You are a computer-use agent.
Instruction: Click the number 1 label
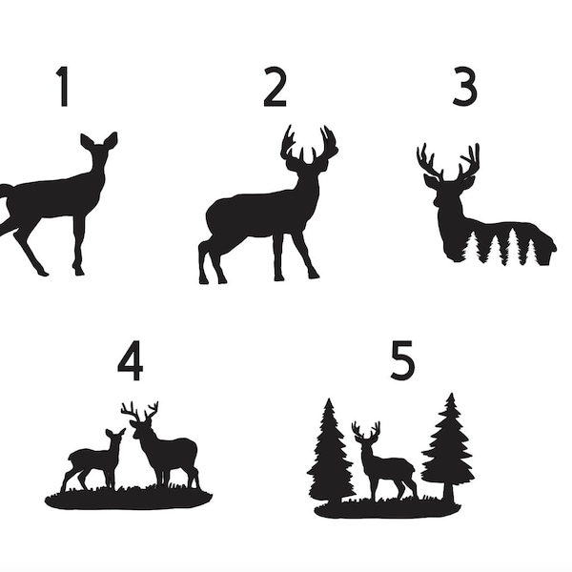(63, 87)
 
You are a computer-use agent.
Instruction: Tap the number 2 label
(276, 87)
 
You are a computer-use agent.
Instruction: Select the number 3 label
(464, 87)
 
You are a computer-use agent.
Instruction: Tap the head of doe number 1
(99, 153)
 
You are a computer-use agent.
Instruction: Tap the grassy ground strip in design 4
(129, 498)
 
